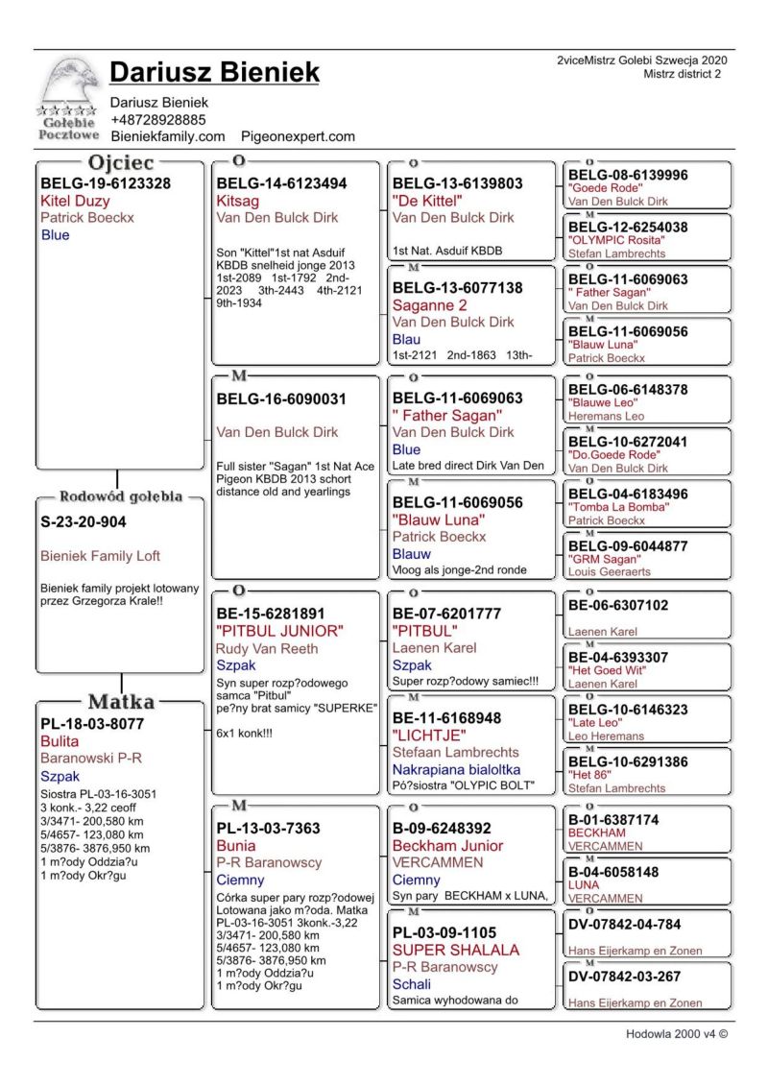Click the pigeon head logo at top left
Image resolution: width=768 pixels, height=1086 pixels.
click(68, 88)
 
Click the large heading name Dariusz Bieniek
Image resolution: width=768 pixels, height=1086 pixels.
click(214, 72)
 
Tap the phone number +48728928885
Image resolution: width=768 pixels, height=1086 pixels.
click(157, 120)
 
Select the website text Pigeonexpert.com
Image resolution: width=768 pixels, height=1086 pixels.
click(298, 137)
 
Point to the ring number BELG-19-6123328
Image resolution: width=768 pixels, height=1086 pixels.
click(106, 183)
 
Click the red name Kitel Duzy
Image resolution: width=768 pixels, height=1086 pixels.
click(75, 202)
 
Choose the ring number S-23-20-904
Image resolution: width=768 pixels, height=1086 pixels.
click(84, 522)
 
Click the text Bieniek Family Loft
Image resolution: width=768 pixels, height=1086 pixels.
click(100, 556)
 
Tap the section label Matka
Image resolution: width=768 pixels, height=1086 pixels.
click(122, 701)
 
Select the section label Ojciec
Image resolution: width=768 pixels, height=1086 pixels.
click(121, 162)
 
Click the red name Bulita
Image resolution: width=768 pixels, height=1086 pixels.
click(60, 741)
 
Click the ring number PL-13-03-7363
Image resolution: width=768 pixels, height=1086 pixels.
click(269, 828)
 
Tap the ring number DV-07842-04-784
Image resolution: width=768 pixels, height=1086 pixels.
click(625, 925)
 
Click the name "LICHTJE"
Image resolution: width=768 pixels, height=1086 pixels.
click(429, 735)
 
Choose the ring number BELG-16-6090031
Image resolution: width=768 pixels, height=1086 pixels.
click(281, 398)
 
